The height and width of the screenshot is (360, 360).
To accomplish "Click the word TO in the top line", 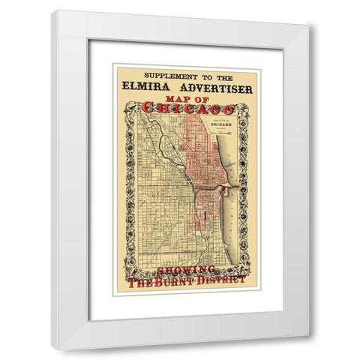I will (202, 76).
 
